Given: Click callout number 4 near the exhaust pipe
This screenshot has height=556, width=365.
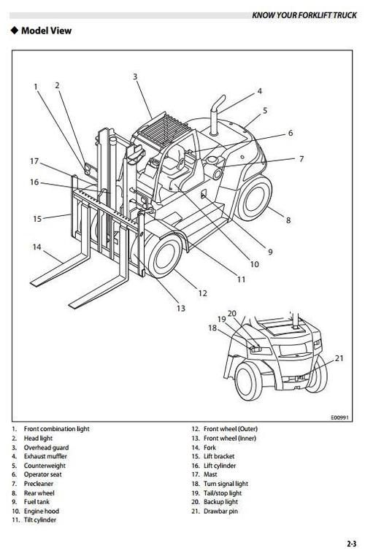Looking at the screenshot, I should pyautogui.click(x=259, y=92).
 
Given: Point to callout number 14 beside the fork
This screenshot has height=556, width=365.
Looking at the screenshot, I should pyautogui.click(x=36, y=247).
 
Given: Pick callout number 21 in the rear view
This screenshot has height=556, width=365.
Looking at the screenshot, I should pyautogui.click(x=339, y=358).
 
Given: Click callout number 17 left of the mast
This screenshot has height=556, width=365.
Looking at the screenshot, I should pyautogui.click(x=34, y=161).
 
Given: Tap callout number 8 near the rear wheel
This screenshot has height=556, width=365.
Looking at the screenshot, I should pyautogui.click(x=288, y=219).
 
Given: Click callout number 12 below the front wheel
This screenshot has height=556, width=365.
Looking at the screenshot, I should pyautogui.click(x=203, y=293).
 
